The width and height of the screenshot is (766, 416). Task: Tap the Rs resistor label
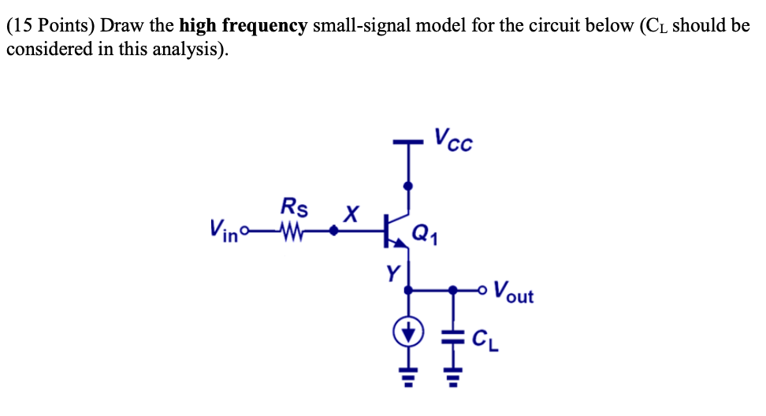(x=294, y=208)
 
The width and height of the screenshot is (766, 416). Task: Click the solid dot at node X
(x=334, y=231)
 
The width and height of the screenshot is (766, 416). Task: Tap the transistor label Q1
(x=424, y=233)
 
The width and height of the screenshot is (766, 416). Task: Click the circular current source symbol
(x=408, y=335)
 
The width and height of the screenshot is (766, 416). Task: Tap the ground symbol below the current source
(x=408, y=385)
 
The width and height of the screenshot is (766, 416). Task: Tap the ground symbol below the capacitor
(x=452, y=385)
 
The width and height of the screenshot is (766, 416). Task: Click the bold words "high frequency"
(x=243, y=26)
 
